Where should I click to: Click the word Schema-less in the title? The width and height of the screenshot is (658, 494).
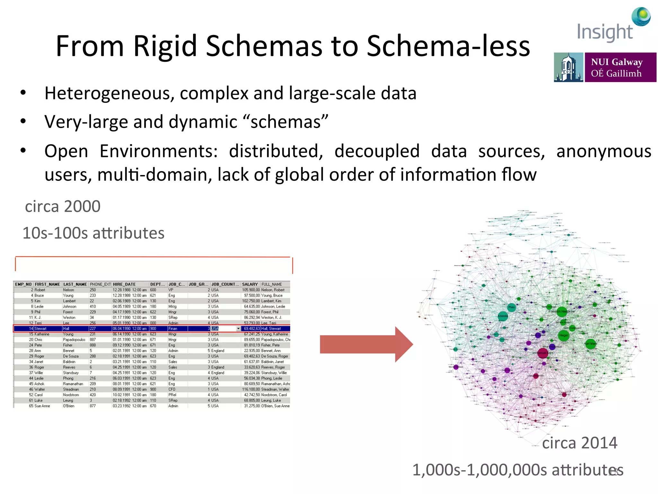[448, 46]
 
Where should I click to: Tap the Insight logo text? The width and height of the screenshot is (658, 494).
[605, 32]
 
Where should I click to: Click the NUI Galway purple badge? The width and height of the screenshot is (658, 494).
[620, 68]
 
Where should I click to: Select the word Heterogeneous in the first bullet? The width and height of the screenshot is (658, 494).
[109, 93]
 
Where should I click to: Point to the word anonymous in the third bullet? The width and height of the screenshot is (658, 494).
[604, 151]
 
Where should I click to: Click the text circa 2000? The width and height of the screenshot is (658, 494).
[63, 206]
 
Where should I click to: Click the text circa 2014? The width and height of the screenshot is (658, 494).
[580, 443]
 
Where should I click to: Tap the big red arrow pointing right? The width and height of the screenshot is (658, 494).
[366, 344]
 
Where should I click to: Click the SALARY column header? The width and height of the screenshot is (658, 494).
[250, 284]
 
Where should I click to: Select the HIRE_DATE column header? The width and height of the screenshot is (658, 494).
[124, 284]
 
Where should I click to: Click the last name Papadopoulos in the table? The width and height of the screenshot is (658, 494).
[74, 340]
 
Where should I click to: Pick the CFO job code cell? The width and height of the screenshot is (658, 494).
[172, 389]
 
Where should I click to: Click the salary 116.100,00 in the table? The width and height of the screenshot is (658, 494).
[251, 389]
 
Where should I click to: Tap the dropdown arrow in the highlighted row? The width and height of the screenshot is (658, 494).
[238, 329]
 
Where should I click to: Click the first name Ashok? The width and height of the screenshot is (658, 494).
[40, 384]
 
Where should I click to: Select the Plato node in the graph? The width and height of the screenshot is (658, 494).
[511, 307]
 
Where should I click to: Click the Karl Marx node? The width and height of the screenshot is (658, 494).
[591, 344]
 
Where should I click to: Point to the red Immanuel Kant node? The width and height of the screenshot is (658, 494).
[543, 353]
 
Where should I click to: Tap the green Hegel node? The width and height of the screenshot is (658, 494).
[564, 335]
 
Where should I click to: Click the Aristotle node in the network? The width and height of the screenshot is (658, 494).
[503, 316]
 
